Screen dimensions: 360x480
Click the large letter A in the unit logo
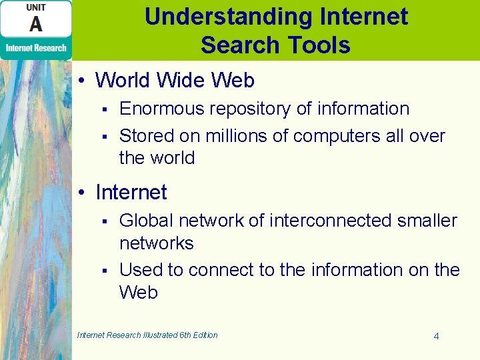[x=35, y=25]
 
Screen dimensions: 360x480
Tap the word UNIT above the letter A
[x=36, y=7]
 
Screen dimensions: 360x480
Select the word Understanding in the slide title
[x=213, y=16]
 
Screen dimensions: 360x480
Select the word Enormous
[x=159, y=109]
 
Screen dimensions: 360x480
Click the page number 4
[x=436, y=336]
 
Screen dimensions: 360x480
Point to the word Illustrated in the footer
[x=158, y=335]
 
